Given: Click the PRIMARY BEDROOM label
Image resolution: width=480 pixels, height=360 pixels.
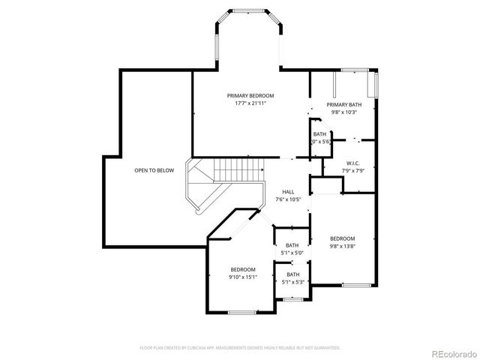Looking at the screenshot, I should pyautogui.click(x=250, y=96).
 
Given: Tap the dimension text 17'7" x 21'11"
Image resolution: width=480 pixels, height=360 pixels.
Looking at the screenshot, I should pyautogui.click(x=250, y=103).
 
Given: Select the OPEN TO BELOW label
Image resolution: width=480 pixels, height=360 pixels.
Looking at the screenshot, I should pyautogui.click(x=154, y=170).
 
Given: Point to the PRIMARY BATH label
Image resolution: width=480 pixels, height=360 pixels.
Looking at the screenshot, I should pyautogui.click(x=343, y=104).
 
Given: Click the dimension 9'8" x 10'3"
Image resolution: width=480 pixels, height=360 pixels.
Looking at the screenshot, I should pyautogui.click(x=343, y=112).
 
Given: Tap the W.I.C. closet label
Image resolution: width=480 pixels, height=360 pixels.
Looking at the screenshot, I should pyautogui.click(x=354, y=163).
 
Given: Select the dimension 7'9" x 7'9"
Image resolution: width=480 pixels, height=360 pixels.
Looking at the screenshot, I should pyautogui.click(x=354, y=170).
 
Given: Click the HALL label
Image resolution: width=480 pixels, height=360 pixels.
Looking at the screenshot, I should pyautogui.click(x=289, y=191).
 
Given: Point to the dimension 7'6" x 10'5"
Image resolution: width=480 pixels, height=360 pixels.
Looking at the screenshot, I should pyautogui.click(x=289, y=199).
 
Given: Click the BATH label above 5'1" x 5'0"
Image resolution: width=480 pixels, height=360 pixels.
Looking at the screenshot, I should pyautogui.click(x=292, y=244).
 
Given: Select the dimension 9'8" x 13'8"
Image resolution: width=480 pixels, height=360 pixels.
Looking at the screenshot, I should pyautogui.click(x=343, y=246).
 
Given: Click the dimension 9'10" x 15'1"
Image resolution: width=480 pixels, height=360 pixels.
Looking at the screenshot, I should pyautogui.click(x=243, y=277).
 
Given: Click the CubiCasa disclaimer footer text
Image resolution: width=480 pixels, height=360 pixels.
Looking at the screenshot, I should pyautogui.click(x=240, y=348).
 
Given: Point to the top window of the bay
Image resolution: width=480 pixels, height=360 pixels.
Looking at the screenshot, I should pyautogui.click(x=249, y=12).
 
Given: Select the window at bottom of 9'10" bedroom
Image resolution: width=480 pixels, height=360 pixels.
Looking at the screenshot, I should pyautogui.click(x=243, y=311).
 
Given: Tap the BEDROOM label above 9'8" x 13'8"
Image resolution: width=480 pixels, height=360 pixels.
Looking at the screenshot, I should pyautogui.click(x=343, y=238).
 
